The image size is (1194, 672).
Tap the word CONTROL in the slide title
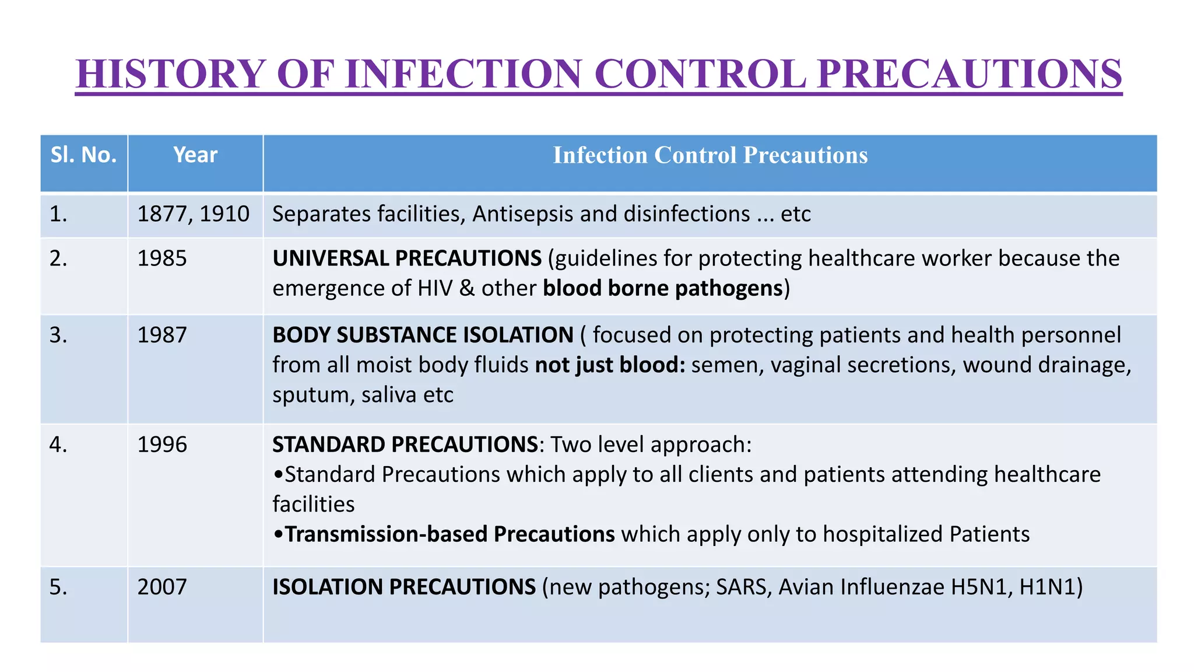point(700,74)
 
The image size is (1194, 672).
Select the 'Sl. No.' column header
point(83,155)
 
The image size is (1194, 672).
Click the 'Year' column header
point(195,155)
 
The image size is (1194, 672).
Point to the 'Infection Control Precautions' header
point(710,155)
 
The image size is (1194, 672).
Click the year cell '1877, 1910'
point(193,214)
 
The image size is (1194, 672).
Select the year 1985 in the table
point(162,258)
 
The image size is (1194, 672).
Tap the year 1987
point(162,335)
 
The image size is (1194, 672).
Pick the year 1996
point(162,445)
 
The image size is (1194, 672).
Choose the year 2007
point(162,587)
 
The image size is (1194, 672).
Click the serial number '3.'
point(58,335)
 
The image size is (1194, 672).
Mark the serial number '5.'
point(58,587)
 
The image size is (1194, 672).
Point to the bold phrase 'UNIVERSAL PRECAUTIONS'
point(407,258)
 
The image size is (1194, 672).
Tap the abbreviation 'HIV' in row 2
point(435,288)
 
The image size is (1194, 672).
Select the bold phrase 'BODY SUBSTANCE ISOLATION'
point(423,335)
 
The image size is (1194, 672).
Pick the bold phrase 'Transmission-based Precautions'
point(449,534)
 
